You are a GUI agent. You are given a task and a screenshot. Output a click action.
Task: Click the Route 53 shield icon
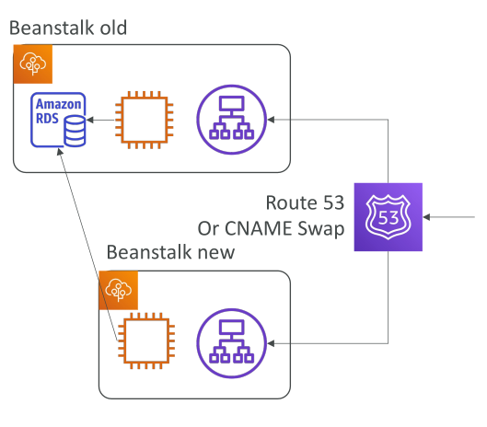tap(388, 217)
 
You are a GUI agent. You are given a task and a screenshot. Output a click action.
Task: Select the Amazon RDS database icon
tap(58, 120)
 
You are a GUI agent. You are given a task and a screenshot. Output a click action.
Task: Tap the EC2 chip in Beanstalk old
tap(145, 120)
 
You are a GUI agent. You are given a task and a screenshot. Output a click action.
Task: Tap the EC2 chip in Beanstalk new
tap(146, 340)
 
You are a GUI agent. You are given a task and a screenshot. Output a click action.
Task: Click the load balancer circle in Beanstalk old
tap(232, 120)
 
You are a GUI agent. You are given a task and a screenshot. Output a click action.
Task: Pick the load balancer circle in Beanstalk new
tap(232, 343)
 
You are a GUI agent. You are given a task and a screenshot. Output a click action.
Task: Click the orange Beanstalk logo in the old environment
tap(33, 64)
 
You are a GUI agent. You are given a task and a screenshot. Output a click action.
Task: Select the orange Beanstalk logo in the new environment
tap(119, 291)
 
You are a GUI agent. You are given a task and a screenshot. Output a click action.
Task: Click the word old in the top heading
tap(113, 28)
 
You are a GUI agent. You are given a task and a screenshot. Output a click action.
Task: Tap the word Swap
tap(321, 229)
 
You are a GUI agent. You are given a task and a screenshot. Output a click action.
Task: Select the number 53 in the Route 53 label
tap(333, 202)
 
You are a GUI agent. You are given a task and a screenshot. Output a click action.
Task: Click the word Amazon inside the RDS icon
tap(58, 104)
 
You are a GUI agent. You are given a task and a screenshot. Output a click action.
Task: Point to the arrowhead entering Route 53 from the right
tap(426, 217)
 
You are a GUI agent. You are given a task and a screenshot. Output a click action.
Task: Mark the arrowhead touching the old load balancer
tap(271, 120)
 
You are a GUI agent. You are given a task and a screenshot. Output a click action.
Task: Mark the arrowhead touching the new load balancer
tap(271, 343)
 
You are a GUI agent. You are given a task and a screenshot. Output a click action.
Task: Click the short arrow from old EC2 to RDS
tap(100, 120)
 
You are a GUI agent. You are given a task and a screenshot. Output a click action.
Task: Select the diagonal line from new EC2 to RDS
tap(87, 245)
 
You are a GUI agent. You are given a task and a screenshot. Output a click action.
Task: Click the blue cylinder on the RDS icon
tap(75, 131)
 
